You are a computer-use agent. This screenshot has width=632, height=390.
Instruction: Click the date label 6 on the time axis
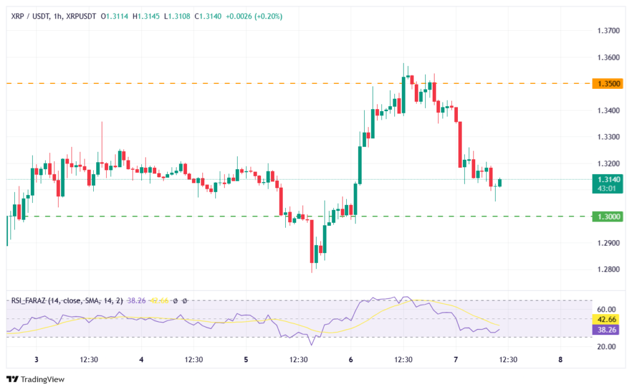pos(351,360)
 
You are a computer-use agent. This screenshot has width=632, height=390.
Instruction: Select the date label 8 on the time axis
pos(560,360)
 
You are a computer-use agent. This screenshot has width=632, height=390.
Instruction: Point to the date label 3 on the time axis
pos(36,360)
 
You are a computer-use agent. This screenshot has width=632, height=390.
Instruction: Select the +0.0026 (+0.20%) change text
pos(255,16)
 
